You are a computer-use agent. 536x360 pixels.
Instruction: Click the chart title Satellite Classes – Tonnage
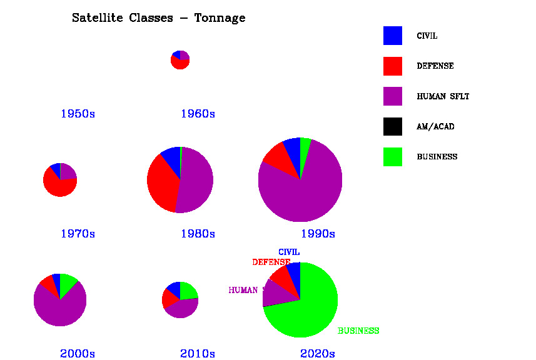tap(158, 18)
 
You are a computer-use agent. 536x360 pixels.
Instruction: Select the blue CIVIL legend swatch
tap(393, 36)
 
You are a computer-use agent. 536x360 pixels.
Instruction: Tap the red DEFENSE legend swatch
tap(393, 66)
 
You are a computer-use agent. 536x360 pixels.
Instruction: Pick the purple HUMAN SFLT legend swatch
tap(393, 96)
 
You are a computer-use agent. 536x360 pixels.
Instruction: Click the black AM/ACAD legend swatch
tap(393, 126)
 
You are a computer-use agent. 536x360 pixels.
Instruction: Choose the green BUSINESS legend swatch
tap(393, 156)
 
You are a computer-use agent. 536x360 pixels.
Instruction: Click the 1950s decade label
tap(78, 114)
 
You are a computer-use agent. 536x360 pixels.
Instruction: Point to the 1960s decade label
tap(198, 114)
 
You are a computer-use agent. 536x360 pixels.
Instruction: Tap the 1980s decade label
tap(198, 234)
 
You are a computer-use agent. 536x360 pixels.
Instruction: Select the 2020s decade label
tap(318, 354)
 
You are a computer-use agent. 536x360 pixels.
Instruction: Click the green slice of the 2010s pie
tap(187, 291)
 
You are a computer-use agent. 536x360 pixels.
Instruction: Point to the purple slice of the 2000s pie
tap(59, 309)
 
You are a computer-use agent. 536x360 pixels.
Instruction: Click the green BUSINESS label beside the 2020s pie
tap(358, 331)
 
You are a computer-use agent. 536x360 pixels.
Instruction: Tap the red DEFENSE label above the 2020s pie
tap(271, 262)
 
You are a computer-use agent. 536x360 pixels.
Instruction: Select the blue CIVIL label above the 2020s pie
tap(289, 252)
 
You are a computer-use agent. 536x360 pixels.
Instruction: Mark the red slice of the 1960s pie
tap(180, 64)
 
